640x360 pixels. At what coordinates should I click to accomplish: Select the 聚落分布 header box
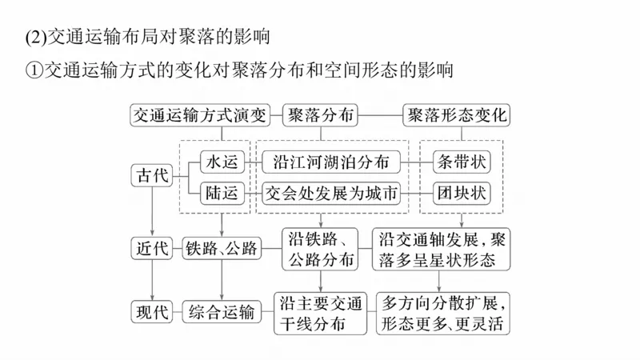tap(320, 115)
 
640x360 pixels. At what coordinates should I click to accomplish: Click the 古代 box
tap(152, 176)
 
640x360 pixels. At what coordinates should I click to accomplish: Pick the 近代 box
tap(152, 249)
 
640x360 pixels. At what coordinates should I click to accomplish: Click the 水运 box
tap(222, 162)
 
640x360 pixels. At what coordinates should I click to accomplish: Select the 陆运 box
tap(222, 193)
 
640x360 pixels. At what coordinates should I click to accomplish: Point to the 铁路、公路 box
tap(222, 249)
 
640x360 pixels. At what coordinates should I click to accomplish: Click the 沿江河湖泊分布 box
tap(330, 162)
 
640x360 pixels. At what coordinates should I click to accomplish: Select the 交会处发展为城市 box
tap(330, 193)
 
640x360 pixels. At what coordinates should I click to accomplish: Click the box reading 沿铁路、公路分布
tap(320, 249)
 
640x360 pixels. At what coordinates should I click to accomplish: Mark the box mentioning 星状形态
tap(442, 249)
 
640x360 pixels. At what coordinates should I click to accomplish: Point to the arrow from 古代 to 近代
tap(152, 212)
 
